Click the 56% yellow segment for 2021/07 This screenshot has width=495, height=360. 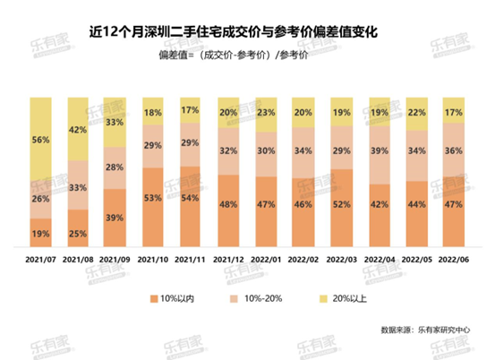[40, 140]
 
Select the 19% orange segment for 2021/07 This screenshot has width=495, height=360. [40, 232]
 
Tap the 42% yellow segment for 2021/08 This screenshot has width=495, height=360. [78, 130]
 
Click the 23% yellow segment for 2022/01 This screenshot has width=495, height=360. [266, 114]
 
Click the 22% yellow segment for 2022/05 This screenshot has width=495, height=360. [416, 113]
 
